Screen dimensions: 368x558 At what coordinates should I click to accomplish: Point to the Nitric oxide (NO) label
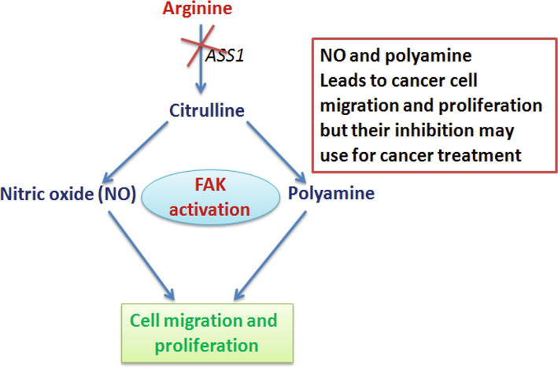coord(70,192)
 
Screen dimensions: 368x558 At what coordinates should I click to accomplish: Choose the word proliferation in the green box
coord(205,345)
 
